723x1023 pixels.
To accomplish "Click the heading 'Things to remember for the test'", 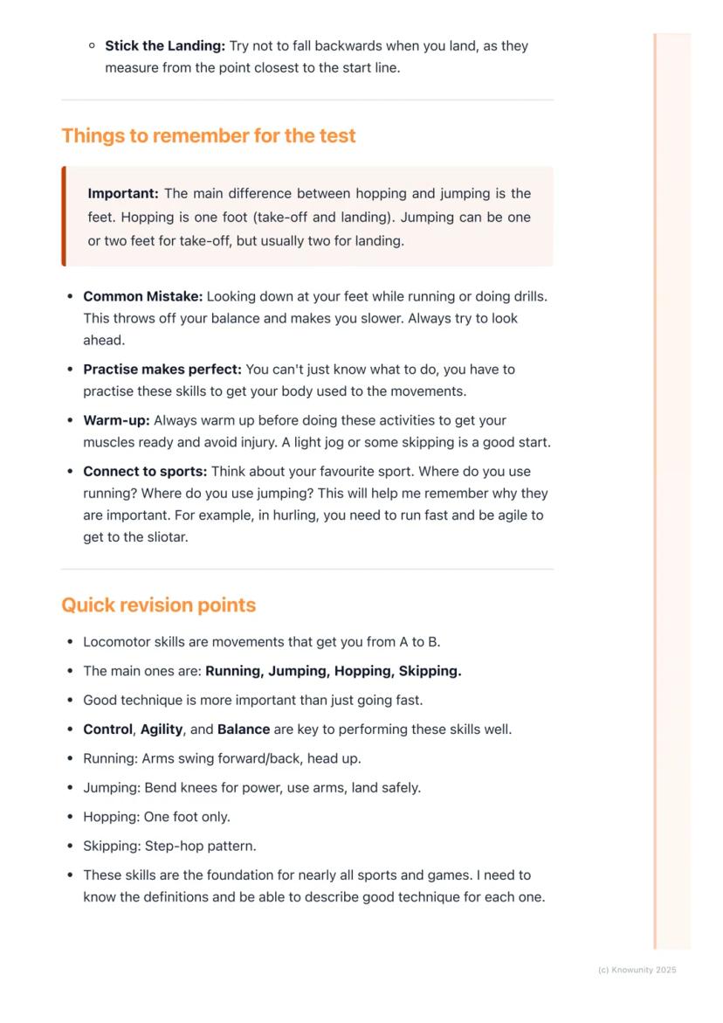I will coord(209,136).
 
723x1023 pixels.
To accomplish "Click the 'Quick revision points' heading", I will coord(158,605).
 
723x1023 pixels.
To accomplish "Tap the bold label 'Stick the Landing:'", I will coord(165,45).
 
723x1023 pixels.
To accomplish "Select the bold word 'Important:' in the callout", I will coord(123,194).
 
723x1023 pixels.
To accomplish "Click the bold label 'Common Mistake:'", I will coord(143,296).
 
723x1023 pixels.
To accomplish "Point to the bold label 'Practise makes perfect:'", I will coord(162,370).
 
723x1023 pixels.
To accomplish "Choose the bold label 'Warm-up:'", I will coord(116,420).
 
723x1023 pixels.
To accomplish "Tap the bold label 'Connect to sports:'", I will coord(145,472).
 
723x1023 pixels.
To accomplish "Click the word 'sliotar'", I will coord(165,537).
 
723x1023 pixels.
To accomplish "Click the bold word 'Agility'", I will coord(162,729).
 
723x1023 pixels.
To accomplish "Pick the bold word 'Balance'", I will coord(244,729).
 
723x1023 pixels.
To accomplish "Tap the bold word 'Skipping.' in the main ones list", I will coord(430,671).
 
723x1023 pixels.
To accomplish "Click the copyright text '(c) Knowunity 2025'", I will coord(637,970).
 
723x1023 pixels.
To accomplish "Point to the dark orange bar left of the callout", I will coord(64,216).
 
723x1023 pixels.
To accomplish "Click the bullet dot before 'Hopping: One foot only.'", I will coord(69,817).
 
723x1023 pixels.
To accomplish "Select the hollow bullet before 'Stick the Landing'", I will coord(92,45).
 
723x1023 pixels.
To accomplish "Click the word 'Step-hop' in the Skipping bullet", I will coord(183,846).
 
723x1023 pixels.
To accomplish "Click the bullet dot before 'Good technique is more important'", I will coord(69,701).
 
